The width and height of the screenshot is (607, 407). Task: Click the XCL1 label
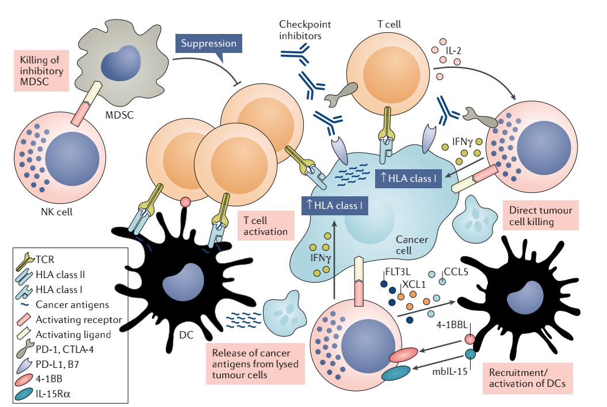411,284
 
